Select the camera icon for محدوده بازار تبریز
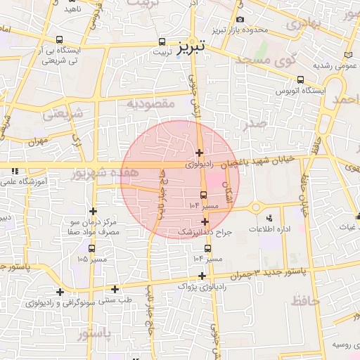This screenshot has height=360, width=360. point(241,20)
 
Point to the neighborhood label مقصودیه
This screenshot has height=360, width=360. point(150,103)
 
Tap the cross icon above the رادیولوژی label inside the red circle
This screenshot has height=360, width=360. point(199,153)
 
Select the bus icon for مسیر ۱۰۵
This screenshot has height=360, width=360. point(92,247)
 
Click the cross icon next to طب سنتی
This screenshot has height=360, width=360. point(115,289)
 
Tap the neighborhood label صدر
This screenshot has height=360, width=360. point(255,124)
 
